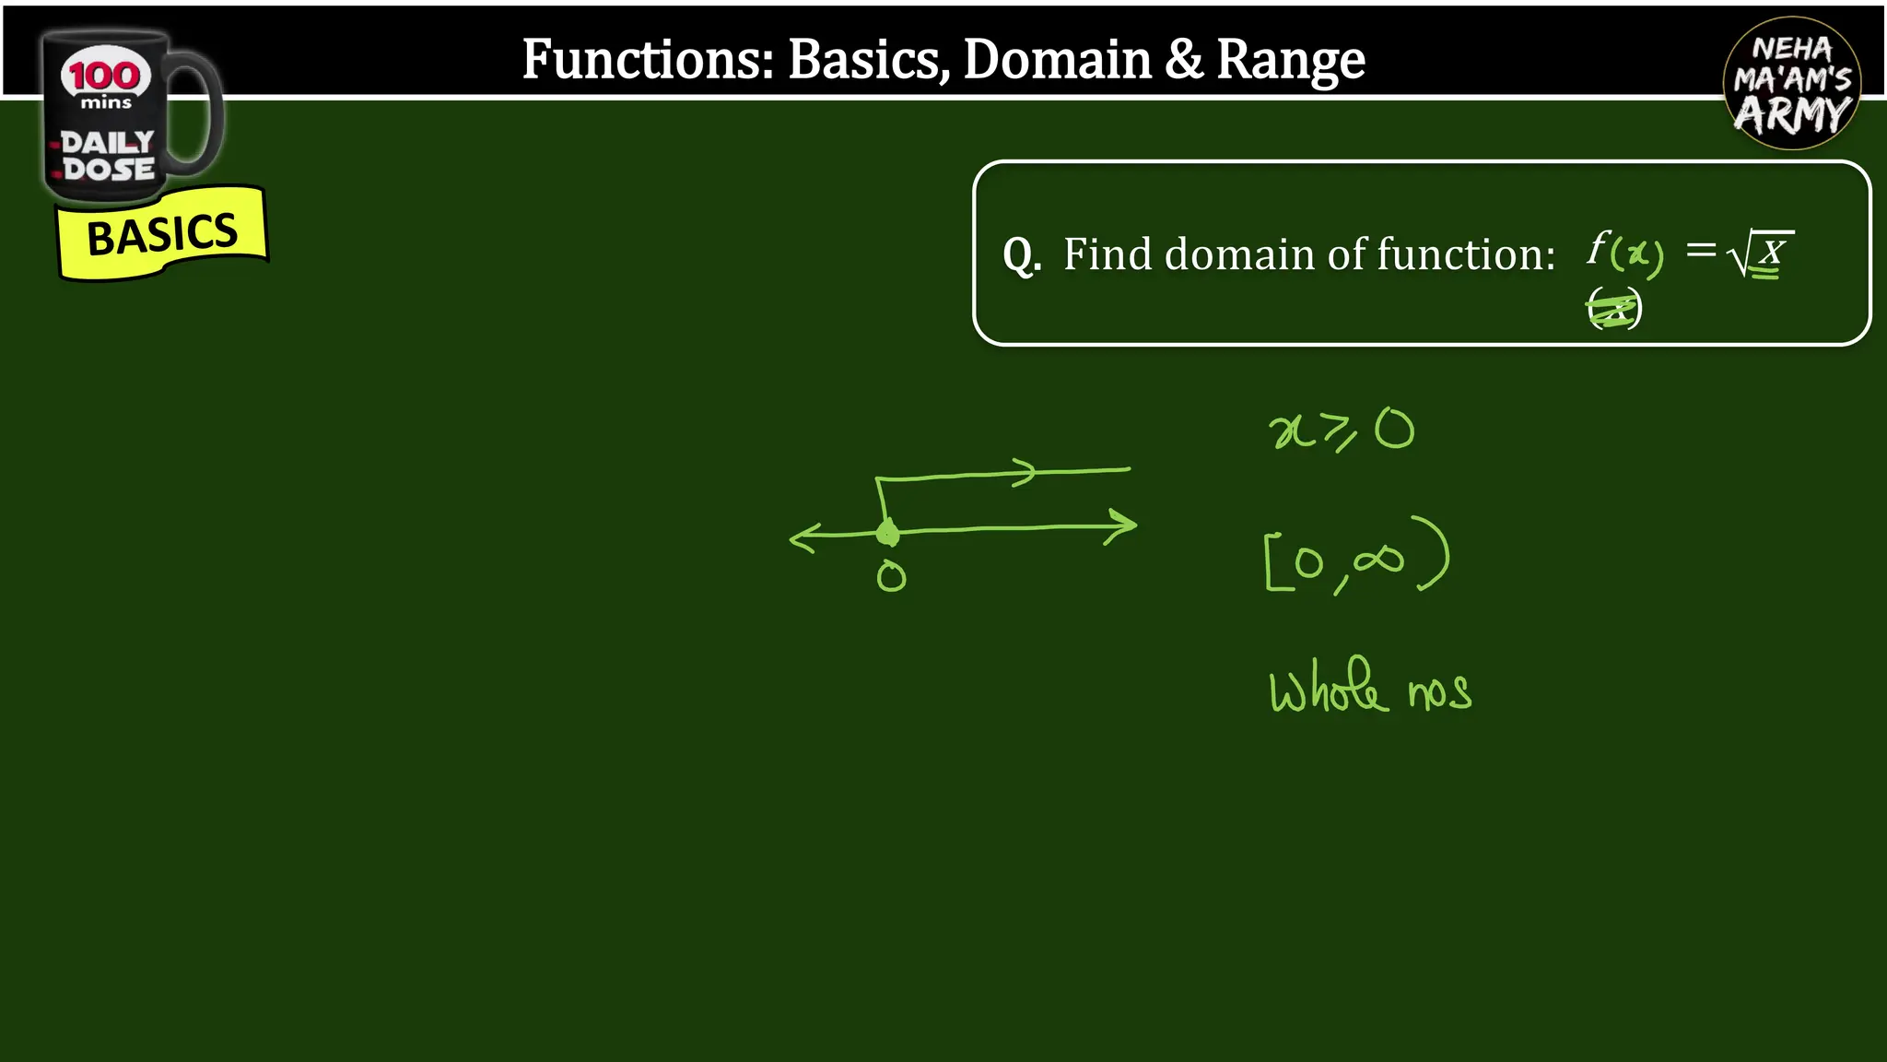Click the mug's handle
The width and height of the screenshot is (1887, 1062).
(x=201, y=111)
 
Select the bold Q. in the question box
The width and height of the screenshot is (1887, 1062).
(x=1022, y=254)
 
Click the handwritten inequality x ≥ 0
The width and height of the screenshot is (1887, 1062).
(x=1341, y=431)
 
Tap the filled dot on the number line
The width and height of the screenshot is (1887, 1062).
(x=887, y=533)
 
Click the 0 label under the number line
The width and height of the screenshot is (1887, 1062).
(x=891, y=577)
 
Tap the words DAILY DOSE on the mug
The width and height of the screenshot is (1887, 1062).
(x=108, y=156)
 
